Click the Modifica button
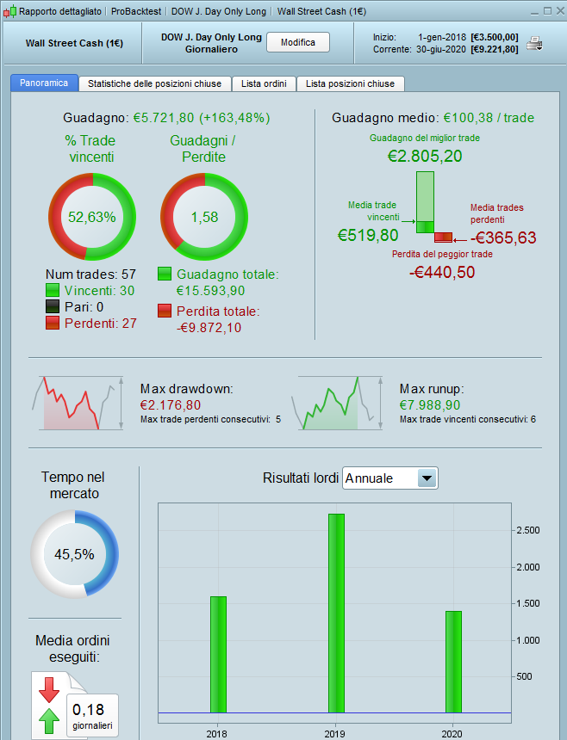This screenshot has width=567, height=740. (x=298, y=43)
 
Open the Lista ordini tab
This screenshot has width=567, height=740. (x=264, y=83)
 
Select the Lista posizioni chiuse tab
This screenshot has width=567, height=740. (x=350, y=83)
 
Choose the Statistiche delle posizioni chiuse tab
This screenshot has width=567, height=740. (x=154, y=83)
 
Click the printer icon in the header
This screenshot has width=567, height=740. (x=534, y=43)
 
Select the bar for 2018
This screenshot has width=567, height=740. (x=218, y=654)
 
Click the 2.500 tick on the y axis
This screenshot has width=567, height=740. (x=527, y=530)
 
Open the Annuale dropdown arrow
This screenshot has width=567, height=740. (x=427, y=478)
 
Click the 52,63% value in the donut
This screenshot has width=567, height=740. (x=91, y=217)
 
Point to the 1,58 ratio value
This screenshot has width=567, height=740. (x=203, y=217)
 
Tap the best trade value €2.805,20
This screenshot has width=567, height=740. (x=424, y=156)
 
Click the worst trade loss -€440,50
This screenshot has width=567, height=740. (x=441, y=272)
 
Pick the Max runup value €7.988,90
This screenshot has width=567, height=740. (x=430, y=404)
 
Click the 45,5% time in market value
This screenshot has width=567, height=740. (x=74, y=554)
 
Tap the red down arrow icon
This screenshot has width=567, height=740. (x=48, y=688)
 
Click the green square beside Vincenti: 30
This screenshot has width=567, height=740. (x=53, y=291)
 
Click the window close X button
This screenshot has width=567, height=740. (x=557, y=11)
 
